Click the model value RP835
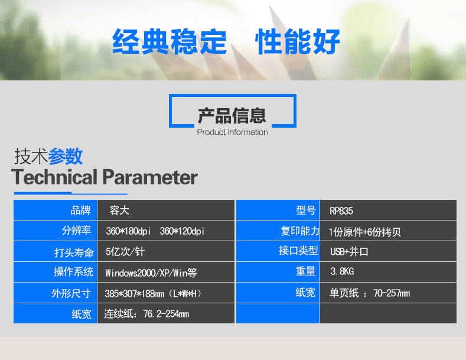341,211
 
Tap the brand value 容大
119,210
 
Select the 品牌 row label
80,210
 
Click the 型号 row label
305,210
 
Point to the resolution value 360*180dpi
128,231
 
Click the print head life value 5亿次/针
125,252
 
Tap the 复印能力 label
300,231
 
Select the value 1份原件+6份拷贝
365,232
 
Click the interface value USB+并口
349,252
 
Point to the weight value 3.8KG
342,271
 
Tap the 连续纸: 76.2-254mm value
146,314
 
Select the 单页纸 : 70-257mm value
369,293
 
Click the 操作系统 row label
73,272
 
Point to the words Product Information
232,132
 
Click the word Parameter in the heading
150,177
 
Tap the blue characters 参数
65,156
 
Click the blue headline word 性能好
298,41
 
